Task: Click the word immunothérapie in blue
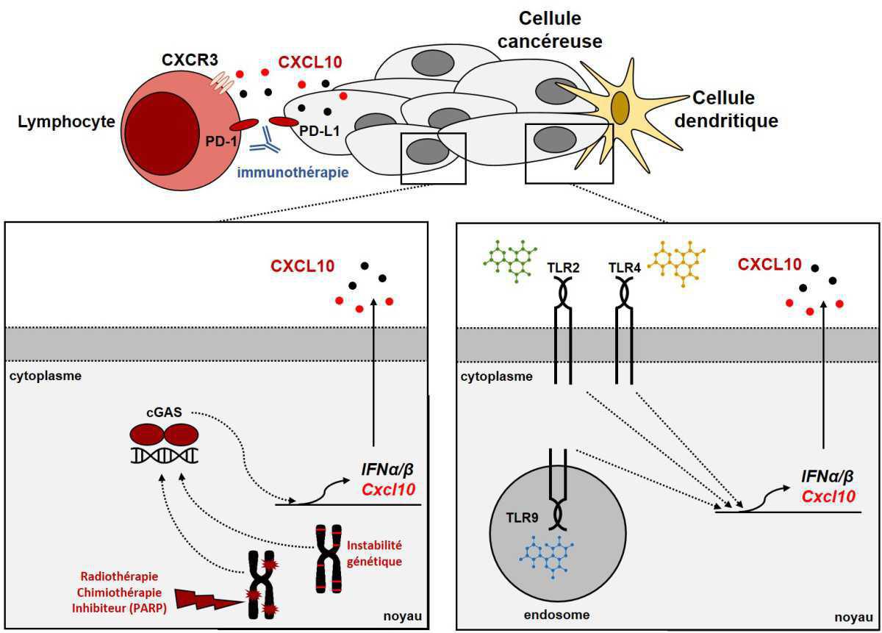tap(292, 172)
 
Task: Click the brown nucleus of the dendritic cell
tap(620, 107)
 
